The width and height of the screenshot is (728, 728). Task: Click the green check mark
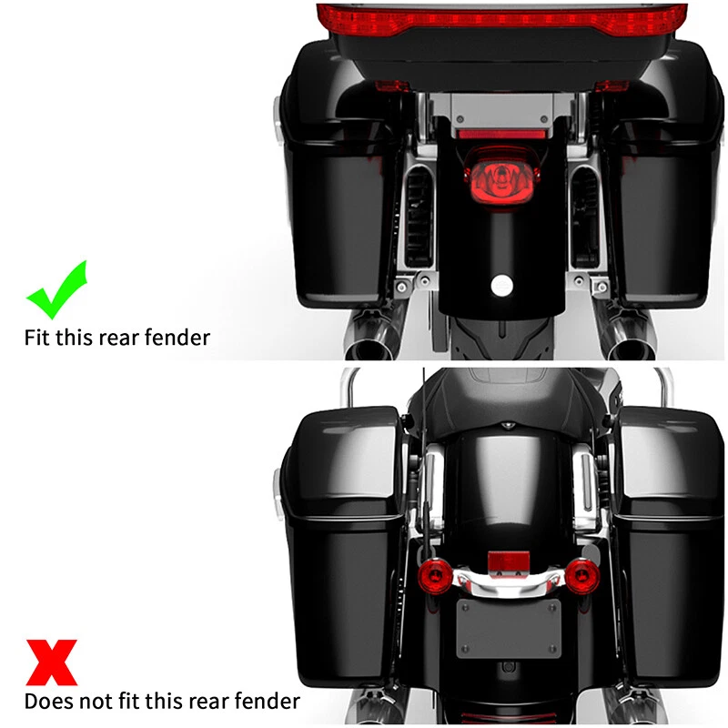click(x=56, y=289)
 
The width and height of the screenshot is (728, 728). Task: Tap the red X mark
click(x=51, y=662)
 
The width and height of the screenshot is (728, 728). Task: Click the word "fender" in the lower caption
click(x=268, y=701)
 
